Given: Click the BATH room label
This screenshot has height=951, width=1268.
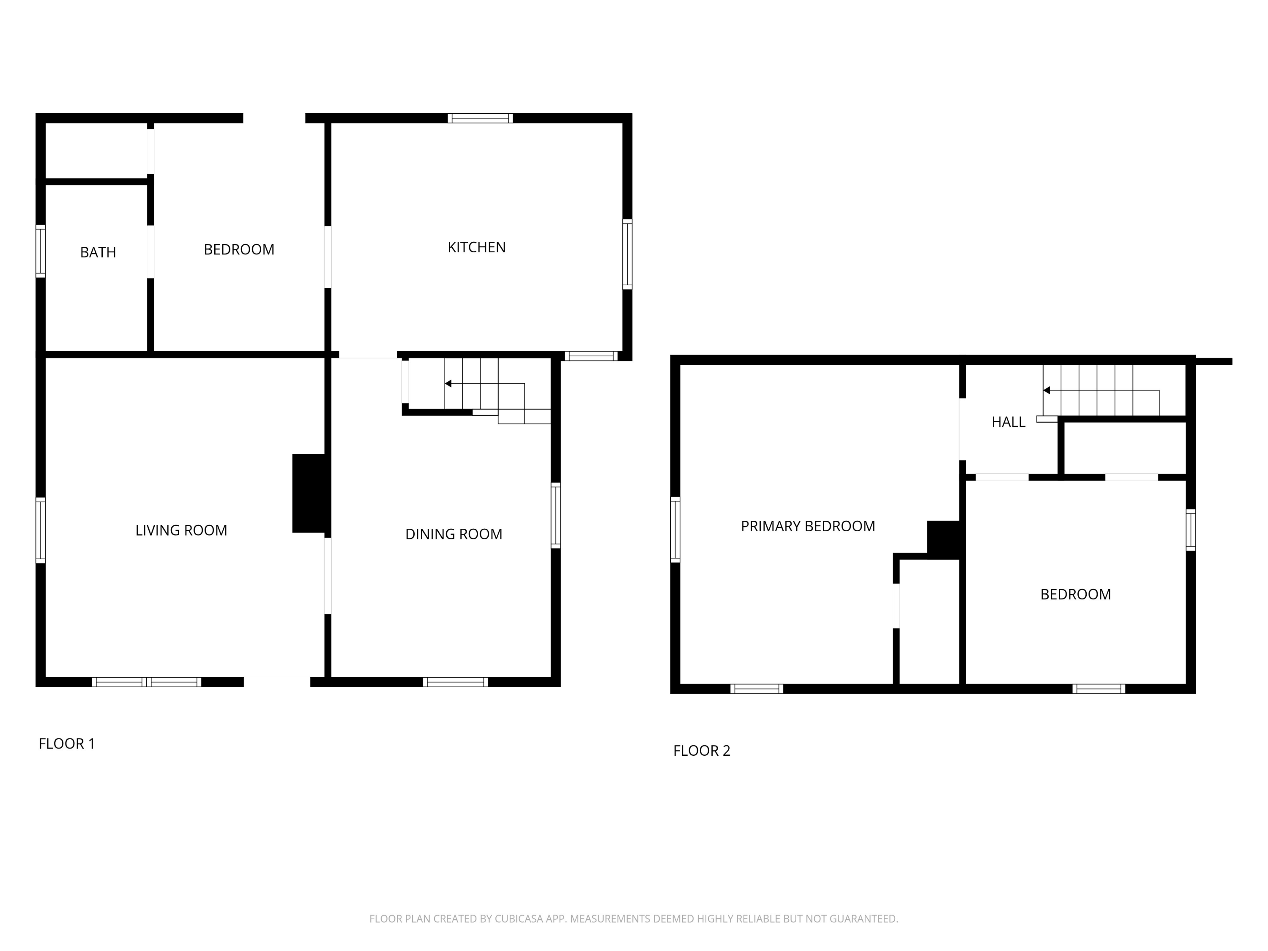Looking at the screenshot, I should (98, 252).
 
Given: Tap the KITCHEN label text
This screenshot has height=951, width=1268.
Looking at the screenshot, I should (476, 247).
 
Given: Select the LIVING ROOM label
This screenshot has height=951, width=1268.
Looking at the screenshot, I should (181, 530).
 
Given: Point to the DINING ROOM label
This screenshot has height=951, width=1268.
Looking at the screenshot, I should (454, 534).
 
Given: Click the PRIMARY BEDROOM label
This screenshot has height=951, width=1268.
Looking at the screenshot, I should (808, 526).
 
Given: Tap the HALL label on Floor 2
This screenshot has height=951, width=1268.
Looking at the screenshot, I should (1008, 422).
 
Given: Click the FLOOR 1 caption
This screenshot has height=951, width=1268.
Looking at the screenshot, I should (66, 743).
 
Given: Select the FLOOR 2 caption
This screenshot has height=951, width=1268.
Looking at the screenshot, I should (702, 750).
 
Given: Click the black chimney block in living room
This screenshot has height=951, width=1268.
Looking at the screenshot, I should (309, 493).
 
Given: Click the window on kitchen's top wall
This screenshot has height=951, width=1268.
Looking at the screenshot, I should (481, 118).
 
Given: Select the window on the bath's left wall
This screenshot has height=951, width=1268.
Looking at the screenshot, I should (41, 251).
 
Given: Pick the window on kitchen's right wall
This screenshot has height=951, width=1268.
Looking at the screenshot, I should (627, 254).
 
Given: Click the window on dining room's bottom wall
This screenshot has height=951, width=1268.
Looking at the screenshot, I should (456, 682).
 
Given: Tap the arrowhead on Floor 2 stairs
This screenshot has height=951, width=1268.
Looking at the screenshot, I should (1046, 391).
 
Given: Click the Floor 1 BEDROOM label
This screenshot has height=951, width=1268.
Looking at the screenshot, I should (239, 249).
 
